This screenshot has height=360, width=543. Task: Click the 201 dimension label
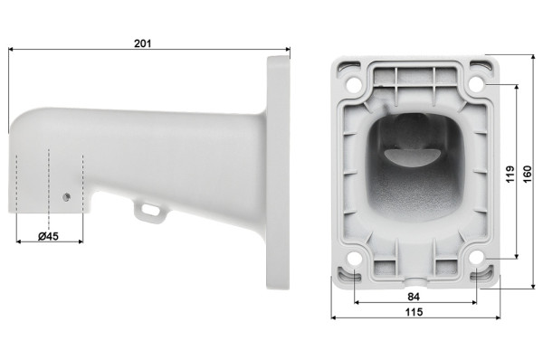[x=143, y=43]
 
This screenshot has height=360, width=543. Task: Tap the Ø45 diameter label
[x=48, y=236]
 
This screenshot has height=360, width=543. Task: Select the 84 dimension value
[x=414, y=297]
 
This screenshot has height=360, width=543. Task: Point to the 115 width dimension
[x=414, y=312]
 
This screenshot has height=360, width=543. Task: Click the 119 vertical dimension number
[x=510, y=174]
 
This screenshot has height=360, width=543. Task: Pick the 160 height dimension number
[x=527, y=174]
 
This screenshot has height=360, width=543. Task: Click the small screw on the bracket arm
[x=67, y=197]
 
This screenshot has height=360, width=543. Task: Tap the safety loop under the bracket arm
[x=150, y=212]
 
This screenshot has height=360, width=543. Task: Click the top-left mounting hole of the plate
[x=354, y=84]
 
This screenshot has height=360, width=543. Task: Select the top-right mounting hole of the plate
[x=477, y=84]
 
